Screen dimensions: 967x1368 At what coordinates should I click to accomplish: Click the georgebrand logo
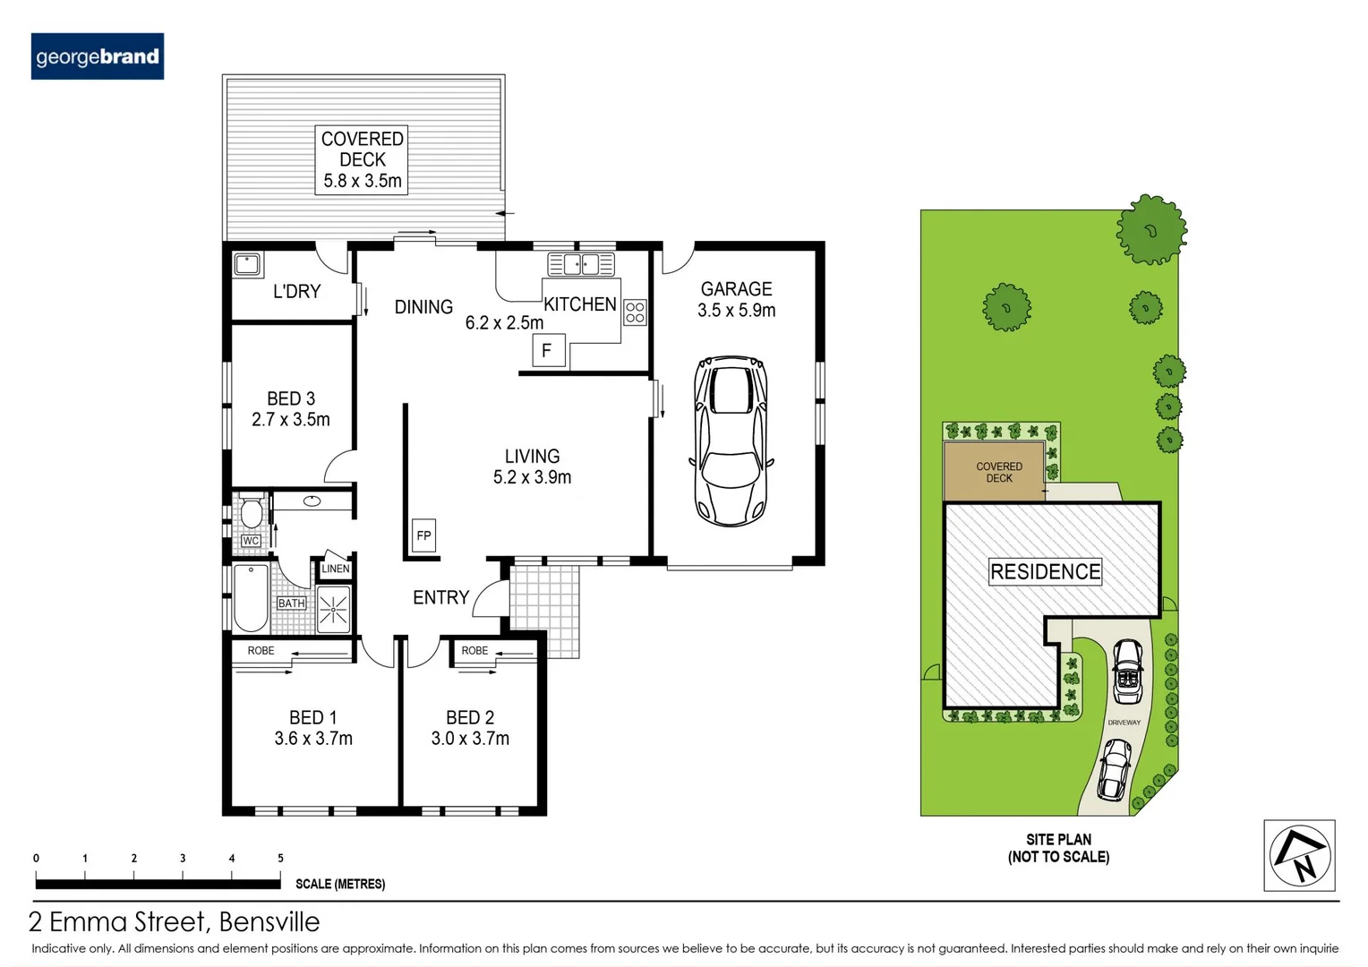[x=97, y=56]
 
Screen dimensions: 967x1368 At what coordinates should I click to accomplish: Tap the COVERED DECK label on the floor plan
[x=362, y=150]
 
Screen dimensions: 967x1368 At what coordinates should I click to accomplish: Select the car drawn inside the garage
[x=731, y=441]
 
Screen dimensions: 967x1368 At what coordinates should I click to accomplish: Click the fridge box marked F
[x=547, y=350]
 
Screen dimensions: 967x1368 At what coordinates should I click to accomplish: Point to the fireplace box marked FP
[x=423, y=535]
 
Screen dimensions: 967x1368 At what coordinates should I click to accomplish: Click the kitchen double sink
[x=581, y=264]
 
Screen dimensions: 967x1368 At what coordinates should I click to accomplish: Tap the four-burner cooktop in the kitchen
[x=635, y=312]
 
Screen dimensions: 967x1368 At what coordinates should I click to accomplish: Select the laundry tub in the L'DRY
[x=246, y=264]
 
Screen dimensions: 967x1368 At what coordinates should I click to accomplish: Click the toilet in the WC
[x=252, y=512]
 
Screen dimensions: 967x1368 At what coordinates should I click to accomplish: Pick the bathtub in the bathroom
[x=251, y=598]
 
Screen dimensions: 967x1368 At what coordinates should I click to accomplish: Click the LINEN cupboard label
[x=336, y=569]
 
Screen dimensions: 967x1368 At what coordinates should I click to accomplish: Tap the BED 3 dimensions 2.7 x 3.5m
[x=290, y=419]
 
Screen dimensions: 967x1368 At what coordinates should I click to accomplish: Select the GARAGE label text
[x=736, y=289]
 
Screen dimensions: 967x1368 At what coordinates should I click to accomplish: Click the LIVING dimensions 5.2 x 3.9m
[x=532, y=477]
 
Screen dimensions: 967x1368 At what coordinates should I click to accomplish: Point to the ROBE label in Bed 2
[x=475, y=651]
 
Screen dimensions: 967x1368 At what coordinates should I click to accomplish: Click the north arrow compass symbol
[x=1299, y=855]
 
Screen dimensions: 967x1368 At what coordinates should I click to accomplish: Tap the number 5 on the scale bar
[x=280, y=858]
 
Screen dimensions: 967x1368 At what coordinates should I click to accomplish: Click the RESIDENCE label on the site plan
[x=1045, y=571]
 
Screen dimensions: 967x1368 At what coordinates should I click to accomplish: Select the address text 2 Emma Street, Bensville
[x=175, y=921]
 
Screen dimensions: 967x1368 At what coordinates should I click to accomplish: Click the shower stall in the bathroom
[x=333, y=610]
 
